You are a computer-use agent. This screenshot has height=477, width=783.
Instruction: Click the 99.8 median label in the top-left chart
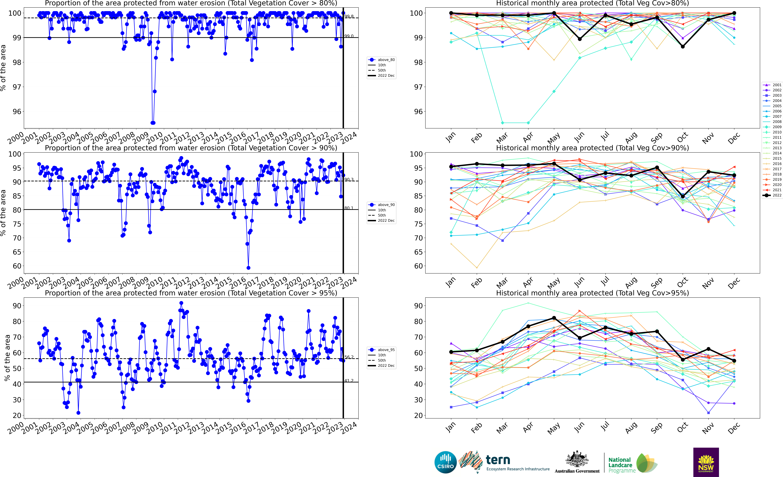(x=349, y=16)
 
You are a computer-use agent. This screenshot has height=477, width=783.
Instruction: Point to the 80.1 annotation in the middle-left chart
(x=349, y=208)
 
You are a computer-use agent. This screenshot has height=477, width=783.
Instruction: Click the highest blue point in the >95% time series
(x=181, y=303)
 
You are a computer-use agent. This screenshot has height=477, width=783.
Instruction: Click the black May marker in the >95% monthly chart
(x=554, y=318)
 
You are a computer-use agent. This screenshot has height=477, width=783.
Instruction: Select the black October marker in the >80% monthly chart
(x=683, y=46)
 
